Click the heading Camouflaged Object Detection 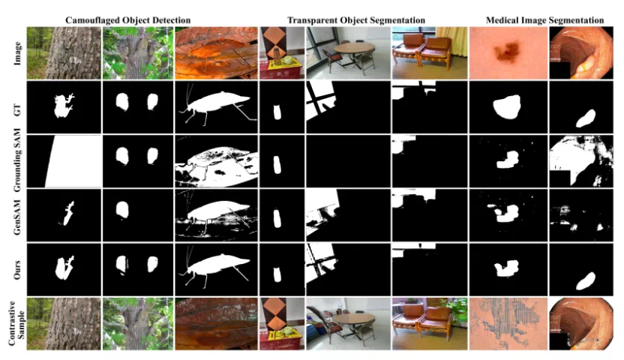pyautogui.click(x=127, y=20)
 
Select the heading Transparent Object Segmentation pyautogui.click(x=356, y=20)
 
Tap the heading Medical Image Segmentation pyautogui.click(x=544, y=20)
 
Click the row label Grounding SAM pyautogui.click(x=16, y=160)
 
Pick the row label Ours pyautogui.click(x=16, y=270)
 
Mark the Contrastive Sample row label pyautogui.click(x=16, y=323)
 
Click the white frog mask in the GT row pyautogui.click(x=63, y=106)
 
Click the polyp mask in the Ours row pyautogui.click(x=586, y=280)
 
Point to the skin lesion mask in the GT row pyautogui.click(x=506, y=106)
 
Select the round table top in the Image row pyautogui.click(x=354, y=48)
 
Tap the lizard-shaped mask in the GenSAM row pyautogui.click(x=68, y=214)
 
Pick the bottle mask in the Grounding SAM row pyautogui.click(x=277, y=165)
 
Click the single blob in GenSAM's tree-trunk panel pyautogui.click(x=122, y=210)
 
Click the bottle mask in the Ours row pyautogui.click(x=277, y=274)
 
